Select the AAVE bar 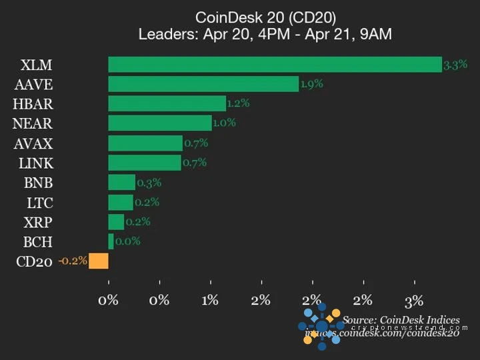203,84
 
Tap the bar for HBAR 167,104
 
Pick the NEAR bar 160,123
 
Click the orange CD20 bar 99,261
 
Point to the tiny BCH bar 111,241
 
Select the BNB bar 122,183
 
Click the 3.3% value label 455,65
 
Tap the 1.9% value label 311,84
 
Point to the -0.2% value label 73,261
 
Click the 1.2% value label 238,103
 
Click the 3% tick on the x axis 414,300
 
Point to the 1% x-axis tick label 210,300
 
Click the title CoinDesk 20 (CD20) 265,17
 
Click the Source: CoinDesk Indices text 401,320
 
